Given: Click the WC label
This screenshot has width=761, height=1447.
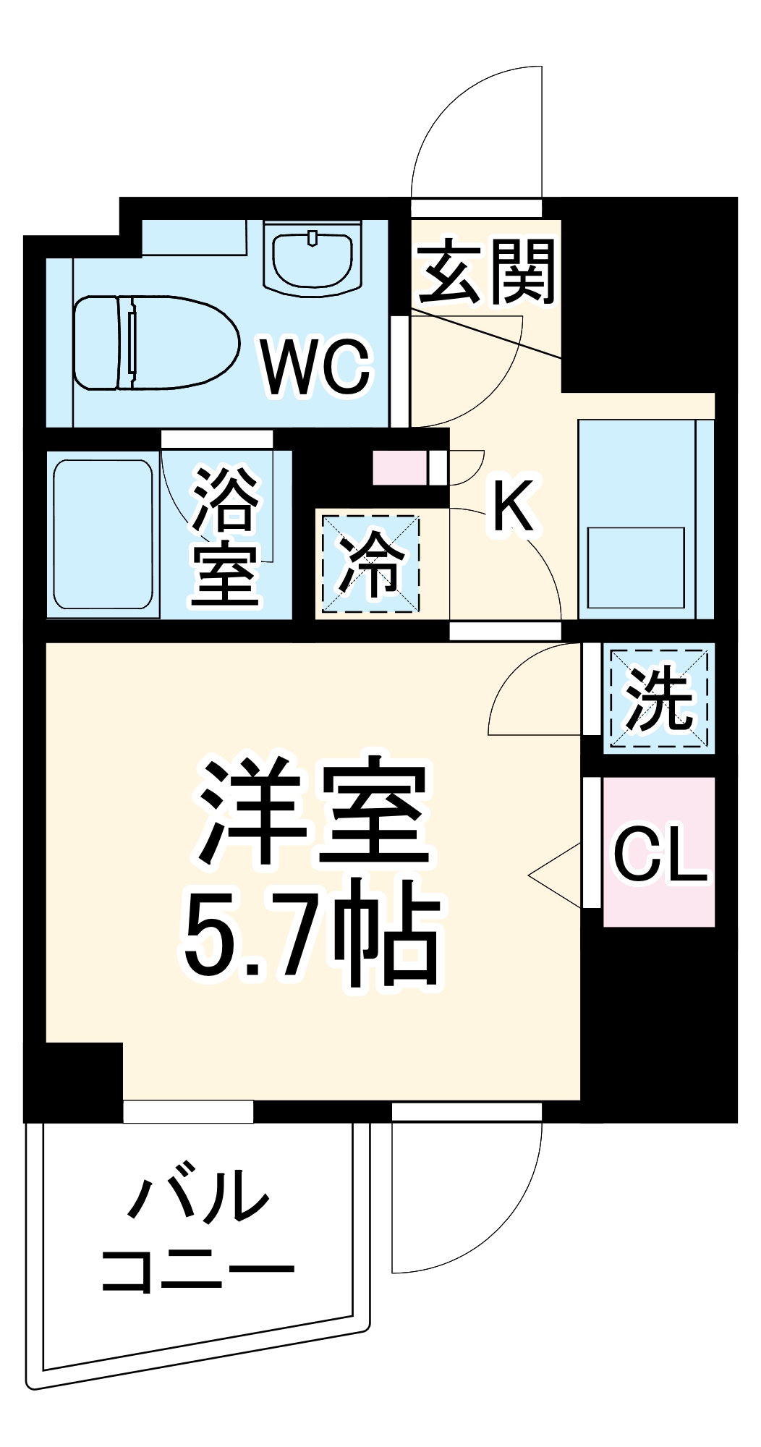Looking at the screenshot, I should pos(317,367).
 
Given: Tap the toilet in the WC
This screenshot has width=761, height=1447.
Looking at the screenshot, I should pos(156,342).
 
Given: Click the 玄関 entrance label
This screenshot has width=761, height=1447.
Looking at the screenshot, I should pos(487,272).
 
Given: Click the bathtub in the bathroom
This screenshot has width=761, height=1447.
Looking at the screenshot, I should pos(103,535).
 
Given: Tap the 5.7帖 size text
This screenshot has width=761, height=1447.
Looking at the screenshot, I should pos(311,933).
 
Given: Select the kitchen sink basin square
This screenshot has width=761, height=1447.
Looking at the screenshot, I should pos(636,568).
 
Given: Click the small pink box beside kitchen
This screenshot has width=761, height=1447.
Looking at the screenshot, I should pos(399,468).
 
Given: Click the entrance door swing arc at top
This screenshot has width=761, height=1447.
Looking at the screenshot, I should pos(463,123).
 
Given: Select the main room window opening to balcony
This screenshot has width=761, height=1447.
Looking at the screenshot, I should pos(188,1112).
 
